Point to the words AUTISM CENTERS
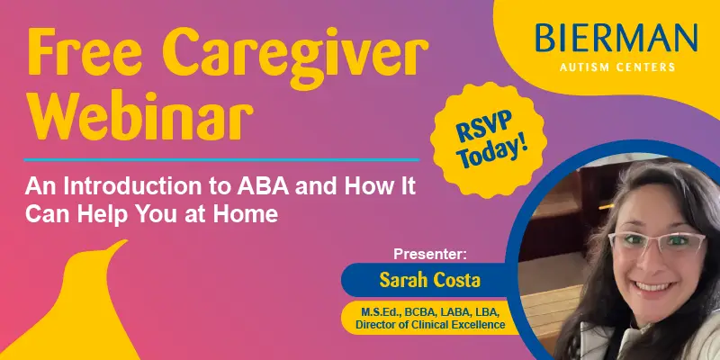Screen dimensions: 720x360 [x=617, y=67]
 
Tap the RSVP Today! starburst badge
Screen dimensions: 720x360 [x=489, y=140]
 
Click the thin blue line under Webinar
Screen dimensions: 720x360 [x=221, y=160]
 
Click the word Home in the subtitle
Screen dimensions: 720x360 [x=254, y=214]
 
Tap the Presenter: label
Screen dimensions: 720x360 [x=430, y=255]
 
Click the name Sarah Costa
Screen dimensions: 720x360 [x=430, y=280]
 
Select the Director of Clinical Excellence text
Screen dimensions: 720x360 [x=431, y=325]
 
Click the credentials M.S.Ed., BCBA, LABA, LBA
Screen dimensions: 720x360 [x=430, y=312]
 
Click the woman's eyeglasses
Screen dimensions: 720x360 [x=657, y=242]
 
